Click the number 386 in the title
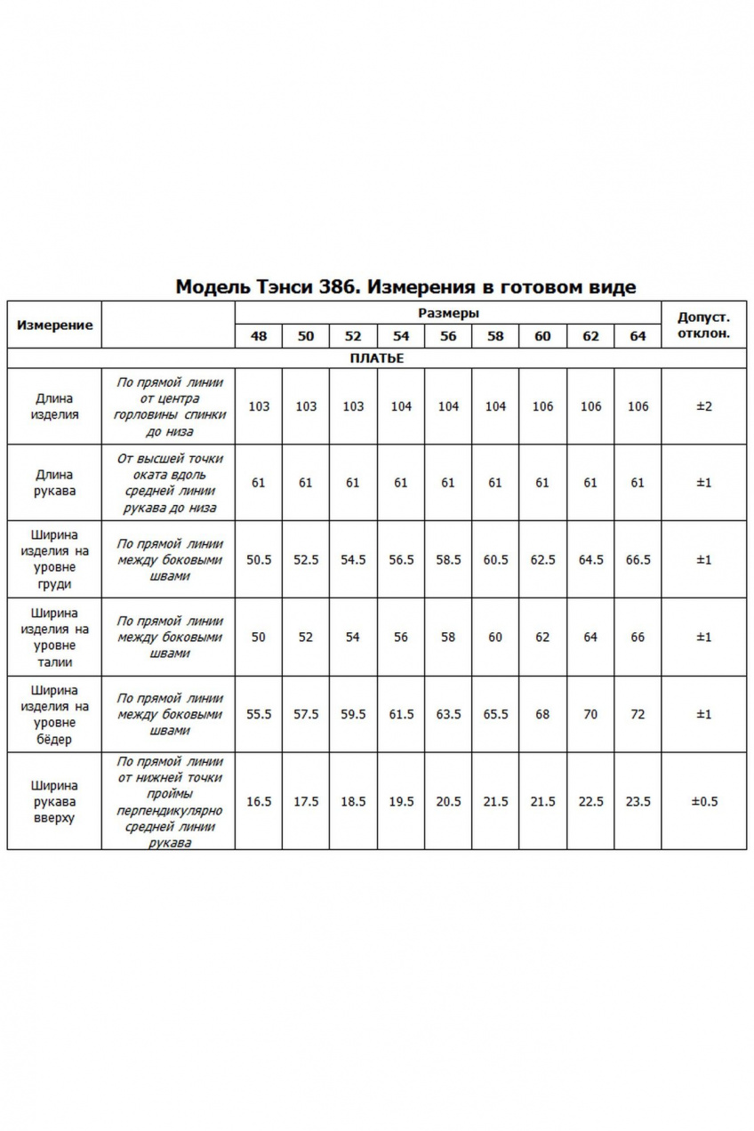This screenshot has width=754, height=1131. coord(343,286)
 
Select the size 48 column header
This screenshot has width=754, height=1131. coord(259,336)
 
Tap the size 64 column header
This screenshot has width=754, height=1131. coord(638,336)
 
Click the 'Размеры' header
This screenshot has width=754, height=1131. coord(448,313)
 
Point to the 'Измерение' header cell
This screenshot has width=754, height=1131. coord(54,325)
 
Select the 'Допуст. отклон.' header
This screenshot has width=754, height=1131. coord(703,325)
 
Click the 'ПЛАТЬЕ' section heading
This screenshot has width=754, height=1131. coord(377,358)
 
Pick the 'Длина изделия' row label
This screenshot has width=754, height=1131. coord(54,406)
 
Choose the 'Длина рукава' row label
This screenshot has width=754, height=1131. coord(54,483)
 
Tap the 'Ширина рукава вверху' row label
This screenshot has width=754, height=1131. coord(54,802)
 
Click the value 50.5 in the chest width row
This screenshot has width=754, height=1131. coord(259,560)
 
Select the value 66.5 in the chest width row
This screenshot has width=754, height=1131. coord(638,560)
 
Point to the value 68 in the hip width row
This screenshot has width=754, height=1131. coord(542,714)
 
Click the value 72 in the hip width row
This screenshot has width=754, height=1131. coord(638,714)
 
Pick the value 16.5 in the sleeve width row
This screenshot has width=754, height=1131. coord(259,802)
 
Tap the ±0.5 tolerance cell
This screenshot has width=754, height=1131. coord(703,802)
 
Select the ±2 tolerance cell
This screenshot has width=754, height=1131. coord(703,406)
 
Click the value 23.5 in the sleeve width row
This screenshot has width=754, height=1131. coord(638,802)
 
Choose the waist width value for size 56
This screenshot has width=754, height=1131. coord(448,637)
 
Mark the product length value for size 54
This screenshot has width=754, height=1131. coord(401,406)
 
